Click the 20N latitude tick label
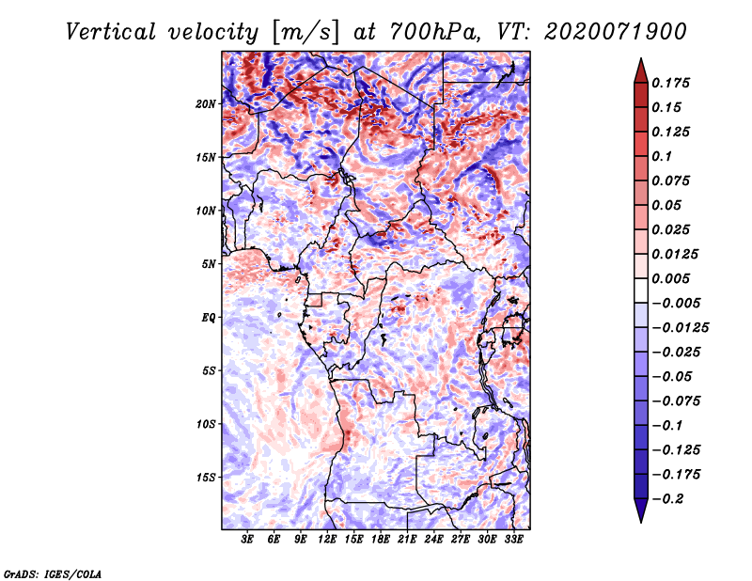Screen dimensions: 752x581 (x=206, y=104)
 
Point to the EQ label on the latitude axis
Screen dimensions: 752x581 (x=208, y=318)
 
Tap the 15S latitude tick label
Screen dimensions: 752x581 (x=206, y=478)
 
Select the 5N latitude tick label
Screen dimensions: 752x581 (x=209, y=264)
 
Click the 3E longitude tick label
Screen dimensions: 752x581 (x=247, y=540)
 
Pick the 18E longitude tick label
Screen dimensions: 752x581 (x=381, y=540)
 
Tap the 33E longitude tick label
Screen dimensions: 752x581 (x=513, y=540)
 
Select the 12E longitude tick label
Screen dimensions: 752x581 (x=327, y=540)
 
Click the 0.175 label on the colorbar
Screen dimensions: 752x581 (x=670, y=83)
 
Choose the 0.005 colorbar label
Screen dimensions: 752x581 (x=670, y=278)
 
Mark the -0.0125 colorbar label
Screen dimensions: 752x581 (x=680, y=328)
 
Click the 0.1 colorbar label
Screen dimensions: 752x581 (x=662, y=156)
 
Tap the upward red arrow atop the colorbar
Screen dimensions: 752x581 (x=641, y=71)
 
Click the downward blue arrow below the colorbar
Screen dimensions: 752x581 (x=641, y=510)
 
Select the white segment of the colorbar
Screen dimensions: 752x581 (x=641, y=290)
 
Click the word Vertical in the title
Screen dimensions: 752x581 (x=111, y=32)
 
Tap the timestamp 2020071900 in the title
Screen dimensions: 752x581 (x=616, y=32)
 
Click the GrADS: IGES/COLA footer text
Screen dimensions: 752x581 (x=53, y=573)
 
